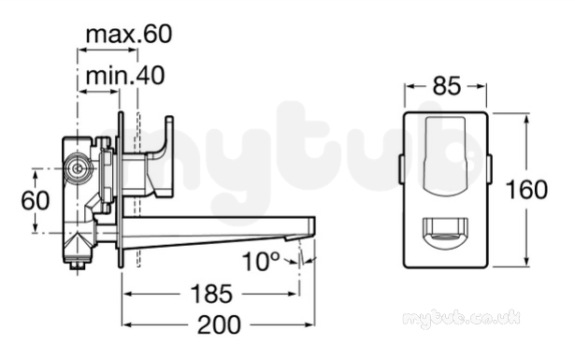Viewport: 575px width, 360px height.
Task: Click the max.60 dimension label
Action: [x=129, y=35]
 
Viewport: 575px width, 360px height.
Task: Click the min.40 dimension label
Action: [x=125, y=76]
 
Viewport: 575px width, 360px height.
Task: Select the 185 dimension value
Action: [x=211, y=294]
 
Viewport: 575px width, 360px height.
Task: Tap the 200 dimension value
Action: [x=220, y=324]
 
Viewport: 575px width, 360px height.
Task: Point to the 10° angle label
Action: [x=260, y=262]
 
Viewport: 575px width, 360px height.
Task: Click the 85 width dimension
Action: [x=446, y=87]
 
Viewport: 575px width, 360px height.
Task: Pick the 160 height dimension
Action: [x=526, y=190]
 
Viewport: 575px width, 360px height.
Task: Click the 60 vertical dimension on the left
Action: [x=36, y=200]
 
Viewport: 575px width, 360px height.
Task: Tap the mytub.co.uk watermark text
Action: [x=461, y=318]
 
